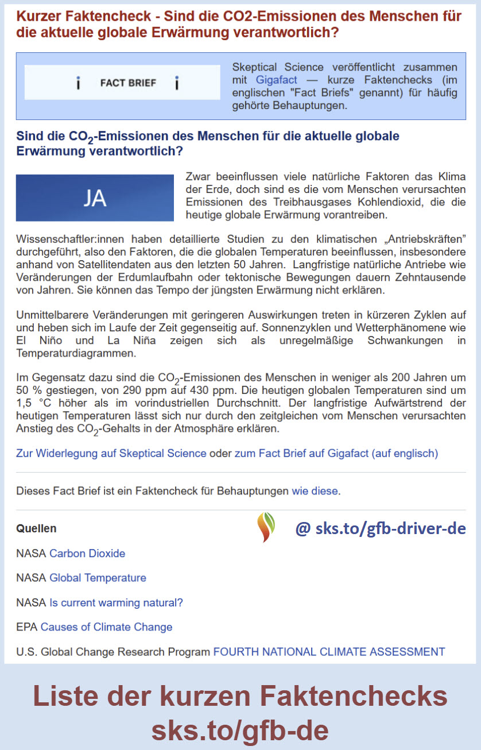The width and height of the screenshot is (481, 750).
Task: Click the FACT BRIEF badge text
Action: (x=128, y=83)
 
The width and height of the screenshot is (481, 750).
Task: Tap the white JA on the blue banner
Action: (x=95, y=198)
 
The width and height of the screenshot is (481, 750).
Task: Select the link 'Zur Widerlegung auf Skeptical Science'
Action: (x=111, y=454)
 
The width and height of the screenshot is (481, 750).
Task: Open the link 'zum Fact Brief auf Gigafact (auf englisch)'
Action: (x=336, y=454)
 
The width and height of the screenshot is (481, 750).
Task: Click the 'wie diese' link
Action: (x=315, y=491)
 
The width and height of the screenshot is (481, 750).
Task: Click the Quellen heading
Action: (x=36, y=528)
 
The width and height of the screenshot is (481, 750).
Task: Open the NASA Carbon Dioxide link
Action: (x=87, y=554)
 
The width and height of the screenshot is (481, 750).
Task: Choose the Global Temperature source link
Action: (x=98, y=578)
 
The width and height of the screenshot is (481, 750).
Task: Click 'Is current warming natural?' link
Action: (x=116, y=602)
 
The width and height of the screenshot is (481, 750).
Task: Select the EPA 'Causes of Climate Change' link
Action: (x=106, y=627)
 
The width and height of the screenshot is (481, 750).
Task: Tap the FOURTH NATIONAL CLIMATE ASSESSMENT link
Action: (x=329, y=652)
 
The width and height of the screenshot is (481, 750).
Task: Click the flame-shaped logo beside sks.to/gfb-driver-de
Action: (x=266, y=527)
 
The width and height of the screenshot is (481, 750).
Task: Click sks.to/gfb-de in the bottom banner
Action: (x=240, y=729)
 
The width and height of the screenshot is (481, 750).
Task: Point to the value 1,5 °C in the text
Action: (x=34, y=403)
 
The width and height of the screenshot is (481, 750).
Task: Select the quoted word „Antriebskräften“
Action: (x=416, y=238)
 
